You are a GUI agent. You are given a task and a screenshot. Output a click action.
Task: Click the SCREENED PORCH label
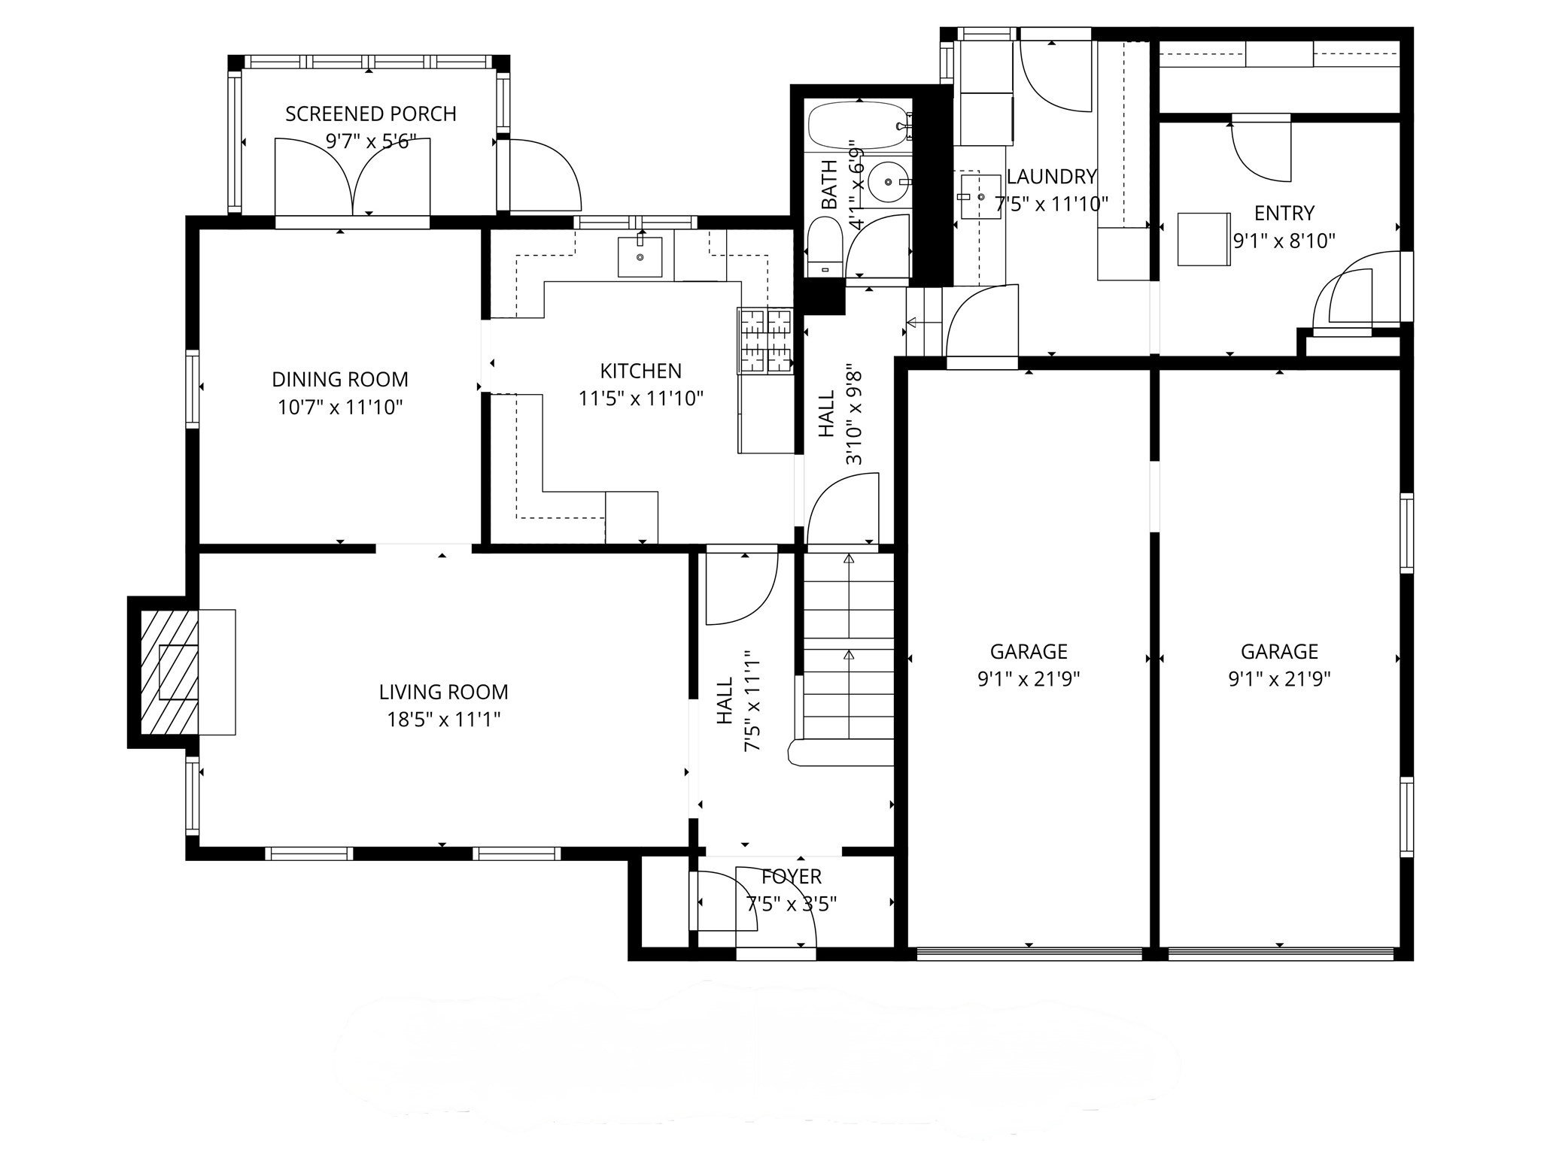tap(370, 114)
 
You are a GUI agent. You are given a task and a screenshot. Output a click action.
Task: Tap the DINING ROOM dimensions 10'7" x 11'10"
tap(340, 408)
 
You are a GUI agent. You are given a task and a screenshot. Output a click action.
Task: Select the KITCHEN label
tap(640, 371)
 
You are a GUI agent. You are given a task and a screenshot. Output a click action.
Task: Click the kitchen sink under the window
tap(640, 256)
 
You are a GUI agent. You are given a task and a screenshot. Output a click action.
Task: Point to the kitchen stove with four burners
tap(765, 341)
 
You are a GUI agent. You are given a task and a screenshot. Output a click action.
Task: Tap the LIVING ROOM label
tap(443, 692)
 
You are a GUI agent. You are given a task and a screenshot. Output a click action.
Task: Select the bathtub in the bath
tap(858, 126)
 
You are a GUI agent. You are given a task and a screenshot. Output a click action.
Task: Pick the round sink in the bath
tap(888, 182)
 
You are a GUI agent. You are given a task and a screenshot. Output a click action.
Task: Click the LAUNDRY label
tap(1050, 177)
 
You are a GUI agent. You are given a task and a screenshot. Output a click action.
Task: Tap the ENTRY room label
tap(1284, 214)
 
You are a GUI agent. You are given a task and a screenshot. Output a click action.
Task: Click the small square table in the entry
tap(1204, 239)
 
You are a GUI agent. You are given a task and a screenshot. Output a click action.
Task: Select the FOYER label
tap(791, 877)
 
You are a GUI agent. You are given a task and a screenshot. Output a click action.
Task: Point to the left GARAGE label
tap(1028, 651)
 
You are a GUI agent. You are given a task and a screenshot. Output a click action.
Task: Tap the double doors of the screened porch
tap(352, 177)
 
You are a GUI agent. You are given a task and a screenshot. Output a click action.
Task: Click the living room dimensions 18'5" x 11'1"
tap(443, 720)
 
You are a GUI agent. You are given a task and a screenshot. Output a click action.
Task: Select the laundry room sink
tap(980, 196)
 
